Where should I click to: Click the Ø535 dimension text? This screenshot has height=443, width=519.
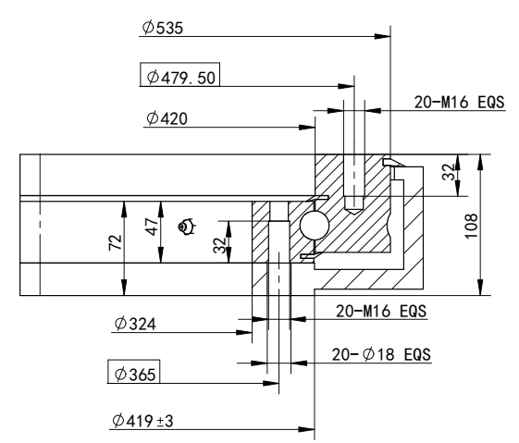164,29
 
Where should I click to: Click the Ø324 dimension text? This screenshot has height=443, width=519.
132,325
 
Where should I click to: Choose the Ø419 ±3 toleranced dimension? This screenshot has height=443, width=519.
141,421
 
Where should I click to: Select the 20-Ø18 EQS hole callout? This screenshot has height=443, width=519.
384,354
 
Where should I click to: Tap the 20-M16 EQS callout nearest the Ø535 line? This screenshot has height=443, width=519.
459,103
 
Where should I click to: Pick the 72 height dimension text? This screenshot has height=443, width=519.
114,243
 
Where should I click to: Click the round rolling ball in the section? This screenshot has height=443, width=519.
312,225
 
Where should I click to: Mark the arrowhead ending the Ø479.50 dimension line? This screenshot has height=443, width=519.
349,87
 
